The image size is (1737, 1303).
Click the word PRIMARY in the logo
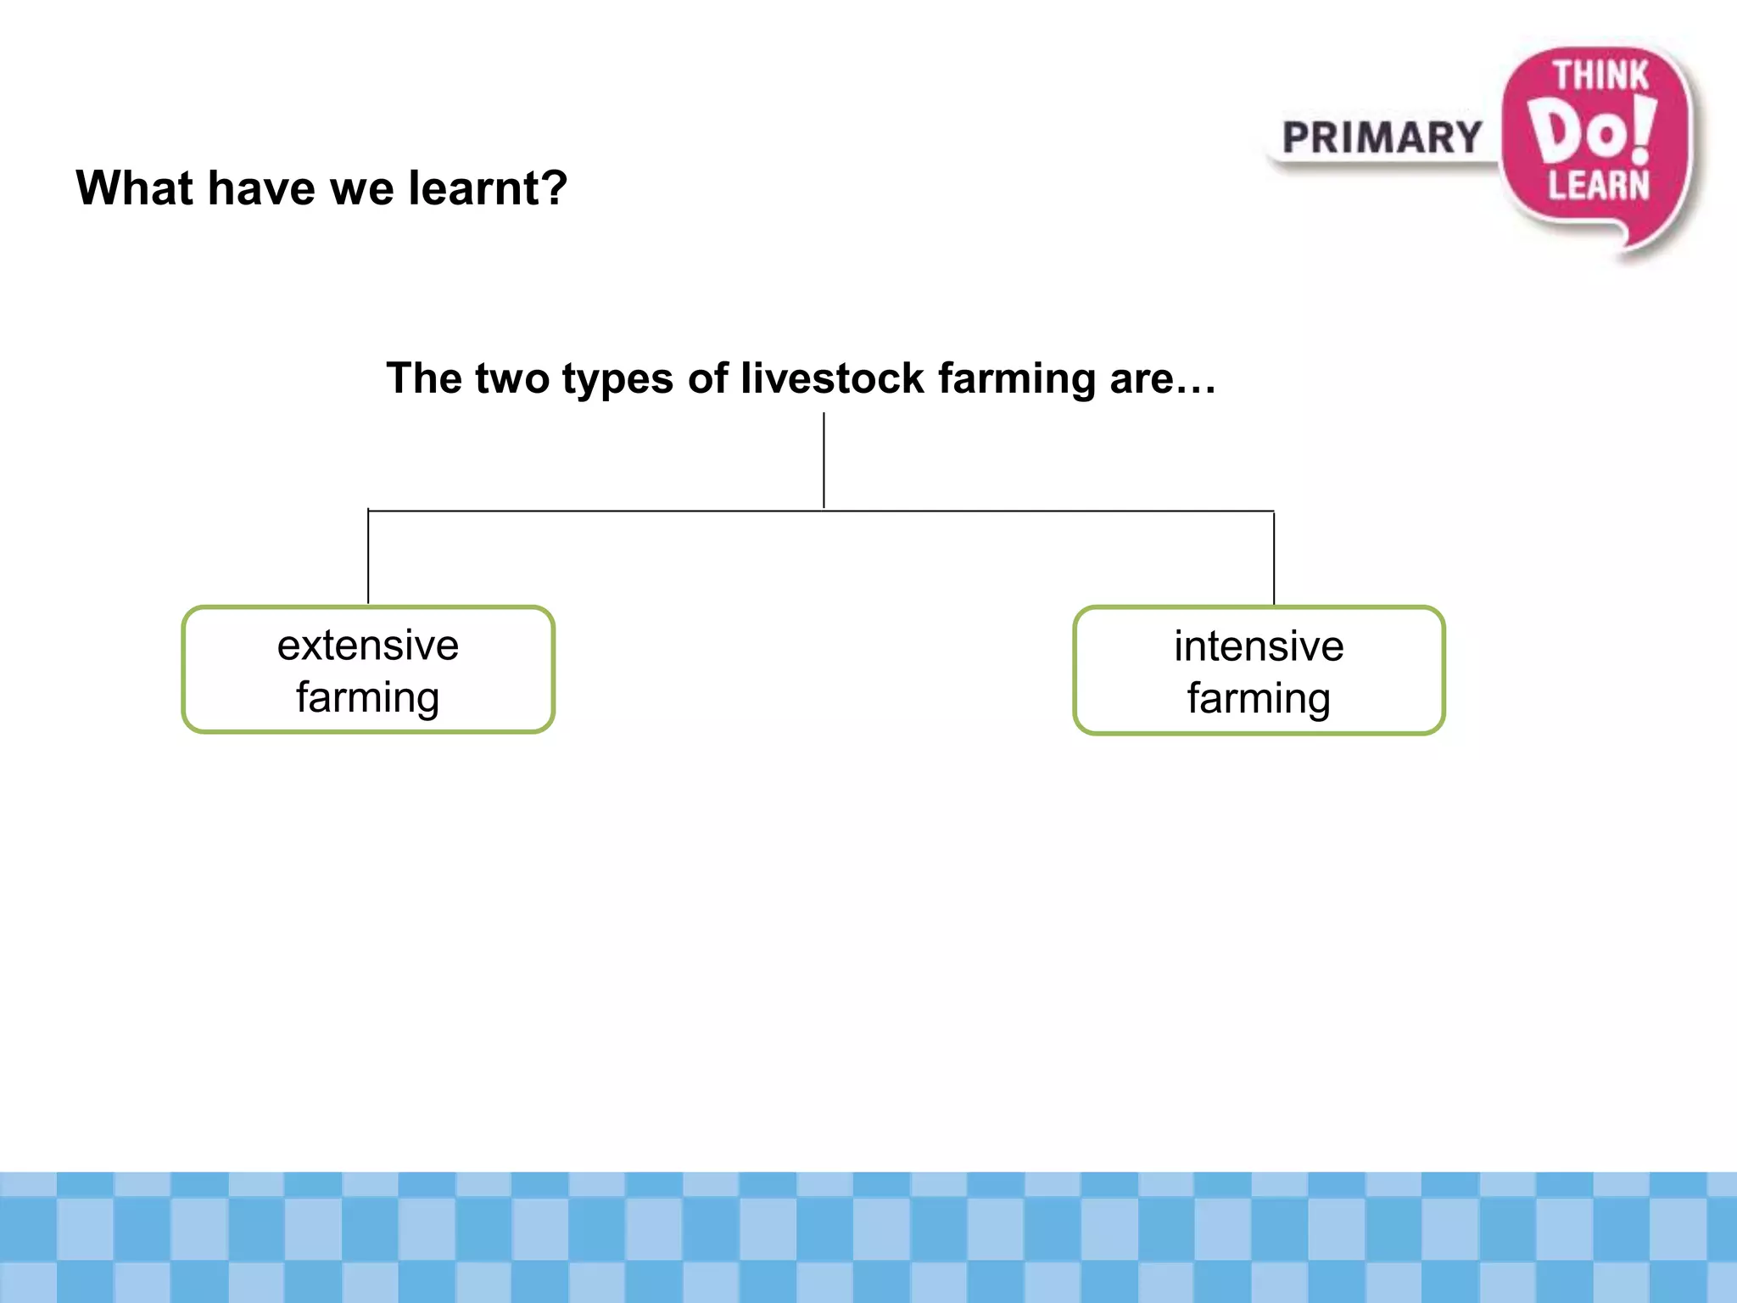tap(1382, 138)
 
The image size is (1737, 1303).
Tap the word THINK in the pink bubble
tap(1600, 76)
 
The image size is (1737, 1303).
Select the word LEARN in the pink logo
tap(1599, 186)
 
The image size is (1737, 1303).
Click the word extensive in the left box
tap(368, 646)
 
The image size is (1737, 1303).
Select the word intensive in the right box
tap(1259, 646)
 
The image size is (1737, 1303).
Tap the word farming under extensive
tap(368, 699)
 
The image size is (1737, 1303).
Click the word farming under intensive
tap(1259, 700)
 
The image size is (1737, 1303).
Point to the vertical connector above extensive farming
tap(368, 556)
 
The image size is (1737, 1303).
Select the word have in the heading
tap(261, 187)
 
